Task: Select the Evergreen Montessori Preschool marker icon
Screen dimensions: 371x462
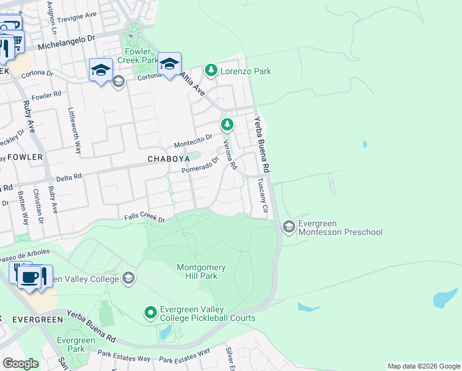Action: (288, 227)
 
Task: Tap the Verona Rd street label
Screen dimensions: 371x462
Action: (230, 155)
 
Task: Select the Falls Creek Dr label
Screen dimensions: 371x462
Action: (145, 218)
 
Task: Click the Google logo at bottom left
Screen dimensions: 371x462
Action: (20, 363)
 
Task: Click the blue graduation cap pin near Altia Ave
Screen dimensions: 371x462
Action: (169, 64)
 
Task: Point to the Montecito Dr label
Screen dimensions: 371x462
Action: (193, 141)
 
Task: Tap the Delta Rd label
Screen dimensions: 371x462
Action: (69, 176)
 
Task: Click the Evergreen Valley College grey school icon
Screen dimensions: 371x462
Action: (128, 278)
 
